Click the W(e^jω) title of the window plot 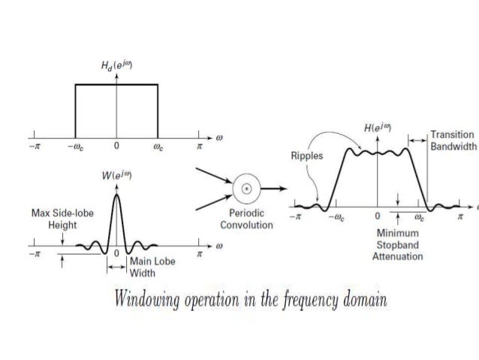coord(117,177)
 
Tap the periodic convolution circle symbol coord(244,188)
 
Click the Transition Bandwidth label coord(453,141)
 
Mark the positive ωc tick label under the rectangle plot coord(157,146)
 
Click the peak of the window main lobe coord(116,194)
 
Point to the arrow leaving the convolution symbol coord(274,188)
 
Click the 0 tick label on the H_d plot coord(116,146)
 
